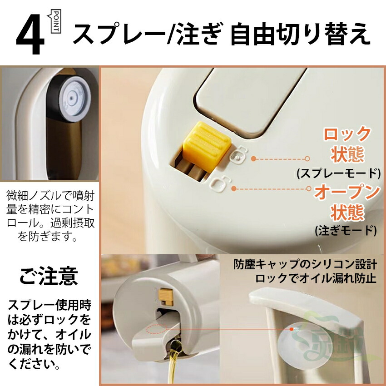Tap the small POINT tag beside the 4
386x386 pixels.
(x=55, y=21)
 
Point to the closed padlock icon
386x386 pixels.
(x=238, y=157)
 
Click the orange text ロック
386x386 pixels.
(x=347, y=134)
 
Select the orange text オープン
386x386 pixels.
(x=347, y=193)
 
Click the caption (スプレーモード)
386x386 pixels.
(x=339, y=173)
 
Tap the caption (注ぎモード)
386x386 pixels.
(x=346, y=230)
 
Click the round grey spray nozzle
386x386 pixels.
(x=71, y=99)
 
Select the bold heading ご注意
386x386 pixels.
(x=49, y=276)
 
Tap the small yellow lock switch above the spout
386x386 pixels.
(x=166, y=297)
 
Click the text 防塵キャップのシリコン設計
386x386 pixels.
(x=305, y=264)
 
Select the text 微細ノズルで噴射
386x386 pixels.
(x=50, y=196)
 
